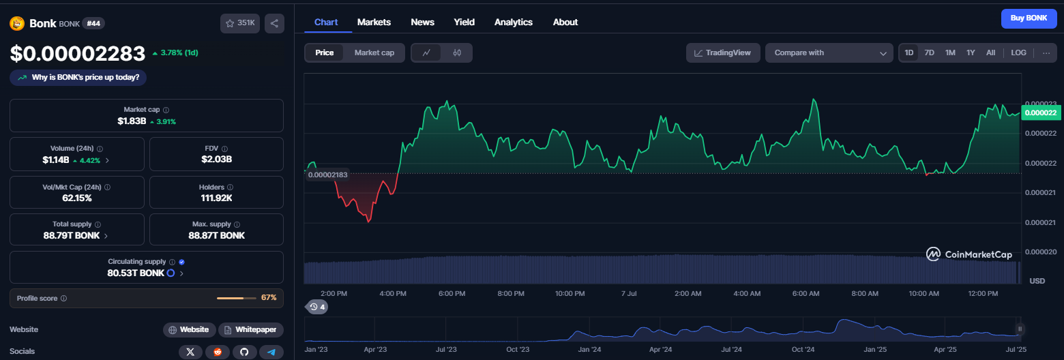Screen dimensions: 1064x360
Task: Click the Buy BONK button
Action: click(x=1029, y=18)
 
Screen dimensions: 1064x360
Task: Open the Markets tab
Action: click(x=374, y=22)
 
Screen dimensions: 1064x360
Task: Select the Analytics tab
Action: click(x=513, y=22)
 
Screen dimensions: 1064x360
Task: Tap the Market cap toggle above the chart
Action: click(x=374, y=52)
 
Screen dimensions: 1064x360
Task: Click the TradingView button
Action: click(x=723, y=52)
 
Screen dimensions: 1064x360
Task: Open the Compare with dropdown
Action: click(x=829, y=52)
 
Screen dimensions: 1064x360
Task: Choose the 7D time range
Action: click(x=929, y=52)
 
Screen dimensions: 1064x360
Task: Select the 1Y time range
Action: click(x=971, y=52)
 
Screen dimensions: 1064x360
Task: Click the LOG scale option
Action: click(x=1018, y=52)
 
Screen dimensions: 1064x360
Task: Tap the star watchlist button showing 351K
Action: click(x=240, y=23)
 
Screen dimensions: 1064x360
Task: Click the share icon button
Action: click(x=275, y=23)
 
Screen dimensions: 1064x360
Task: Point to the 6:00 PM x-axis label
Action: click(x=452, y=293)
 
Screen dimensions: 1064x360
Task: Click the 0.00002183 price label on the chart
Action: click(x=328, y=175)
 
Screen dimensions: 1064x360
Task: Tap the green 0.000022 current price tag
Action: click(x=1041, y=112)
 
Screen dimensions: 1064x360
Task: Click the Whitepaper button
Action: click(x=251, y=329)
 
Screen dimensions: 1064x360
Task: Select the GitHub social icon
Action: click(x=244, y=352)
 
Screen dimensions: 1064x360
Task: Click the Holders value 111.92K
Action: click(x=217, y=198)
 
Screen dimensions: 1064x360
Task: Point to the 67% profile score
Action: click(x=269, y=298)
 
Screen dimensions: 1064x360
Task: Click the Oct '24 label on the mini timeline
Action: click(x=803, y=350)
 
